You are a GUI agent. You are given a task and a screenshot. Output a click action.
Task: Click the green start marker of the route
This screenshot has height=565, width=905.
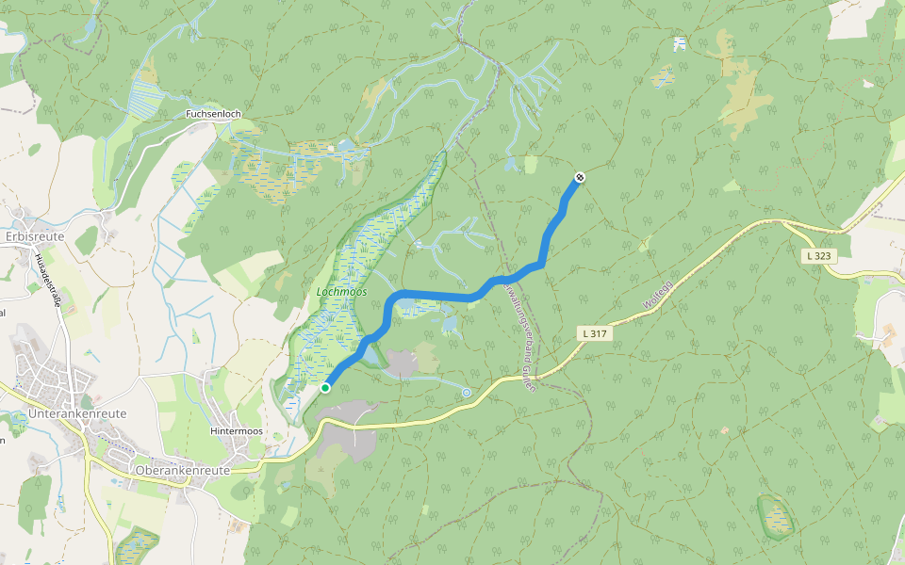click(x=325, y=387)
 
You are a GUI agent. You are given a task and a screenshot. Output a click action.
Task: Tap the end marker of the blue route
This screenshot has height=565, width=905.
click(x=580, y=178)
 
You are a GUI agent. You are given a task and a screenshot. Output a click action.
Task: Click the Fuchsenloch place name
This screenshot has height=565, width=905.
click(x=214, y=114)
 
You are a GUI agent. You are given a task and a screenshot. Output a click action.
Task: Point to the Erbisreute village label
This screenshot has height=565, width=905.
click(x=35, y=236)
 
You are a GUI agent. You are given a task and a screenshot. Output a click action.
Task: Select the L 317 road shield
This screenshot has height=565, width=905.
click(x=593, y=333)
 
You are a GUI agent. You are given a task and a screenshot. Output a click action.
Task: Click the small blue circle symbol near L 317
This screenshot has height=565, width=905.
click(x=467, y=392)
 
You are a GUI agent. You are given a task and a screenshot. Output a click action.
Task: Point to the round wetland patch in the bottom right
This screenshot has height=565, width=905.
click(x=776, y=516)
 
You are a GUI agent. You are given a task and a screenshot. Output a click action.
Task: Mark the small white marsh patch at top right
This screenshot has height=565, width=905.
click(x=680, y=43)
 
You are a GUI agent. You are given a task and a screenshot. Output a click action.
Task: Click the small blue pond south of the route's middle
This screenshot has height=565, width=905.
click(x=449, y=325)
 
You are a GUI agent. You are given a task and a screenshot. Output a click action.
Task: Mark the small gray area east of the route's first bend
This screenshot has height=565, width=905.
click(x=406, y=362)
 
